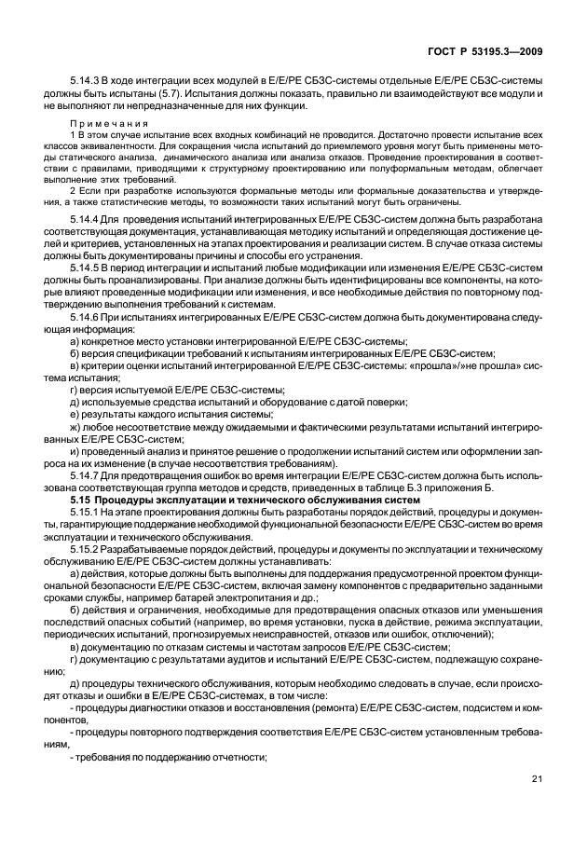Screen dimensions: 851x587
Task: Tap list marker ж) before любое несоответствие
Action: click(75, 424)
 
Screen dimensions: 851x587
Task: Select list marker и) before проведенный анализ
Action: click(75, 449)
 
